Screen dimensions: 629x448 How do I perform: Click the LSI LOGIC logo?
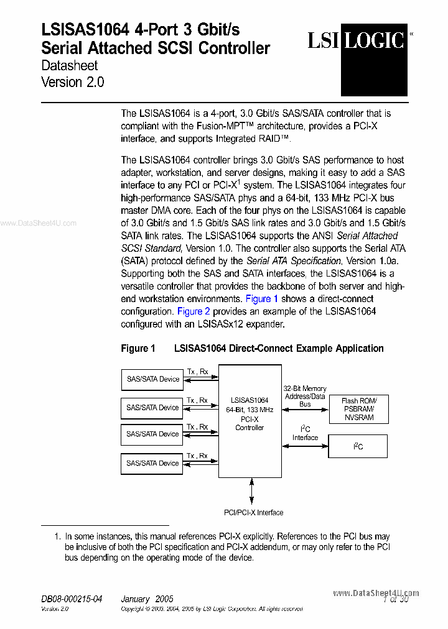(357, 42)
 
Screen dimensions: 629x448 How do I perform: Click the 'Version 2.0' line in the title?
(72, 82)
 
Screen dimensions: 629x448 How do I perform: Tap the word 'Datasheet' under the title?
(69, 65)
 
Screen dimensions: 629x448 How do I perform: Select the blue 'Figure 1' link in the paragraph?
(258, 299)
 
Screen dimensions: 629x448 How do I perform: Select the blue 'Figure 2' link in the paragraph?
(190, 311)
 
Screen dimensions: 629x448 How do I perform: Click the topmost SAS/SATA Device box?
(152, 379)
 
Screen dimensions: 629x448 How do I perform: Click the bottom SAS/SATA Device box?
(152, 463)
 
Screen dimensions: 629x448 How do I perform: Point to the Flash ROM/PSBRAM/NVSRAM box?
(358, 409)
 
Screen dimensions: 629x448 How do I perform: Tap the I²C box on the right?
(358, 446)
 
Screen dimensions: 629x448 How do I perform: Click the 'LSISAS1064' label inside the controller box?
(250, 400)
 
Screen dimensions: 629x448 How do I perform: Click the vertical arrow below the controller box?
(252, 490)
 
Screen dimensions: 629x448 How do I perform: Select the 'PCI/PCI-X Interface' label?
(253, 513)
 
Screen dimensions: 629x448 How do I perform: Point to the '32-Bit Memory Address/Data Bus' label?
(305, 396)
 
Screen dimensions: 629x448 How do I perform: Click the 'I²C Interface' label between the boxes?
(305, 433)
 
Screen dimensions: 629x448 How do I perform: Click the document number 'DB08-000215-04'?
(72, 599)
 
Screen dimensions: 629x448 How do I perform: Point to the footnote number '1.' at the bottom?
(57, 536)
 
